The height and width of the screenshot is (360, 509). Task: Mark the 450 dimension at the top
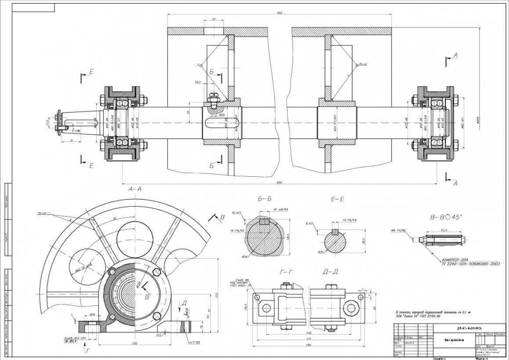279,12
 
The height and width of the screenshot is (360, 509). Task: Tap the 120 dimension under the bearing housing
135,344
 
